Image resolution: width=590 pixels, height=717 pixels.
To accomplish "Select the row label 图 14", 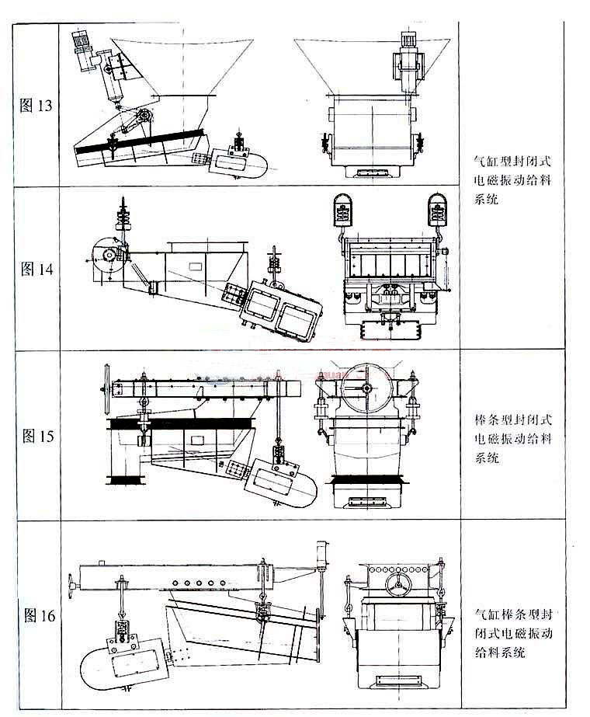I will pos(36,270).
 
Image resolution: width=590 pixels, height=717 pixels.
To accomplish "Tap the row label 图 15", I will pos(36,436).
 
